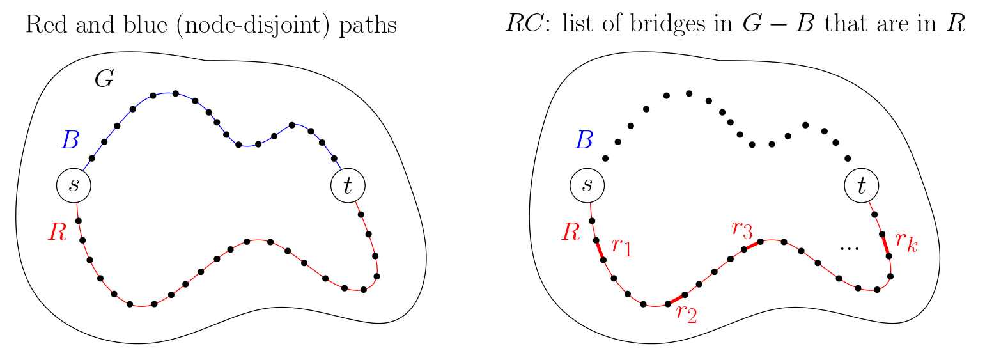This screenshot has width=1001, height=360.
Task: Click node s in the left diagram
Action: click(74, 185)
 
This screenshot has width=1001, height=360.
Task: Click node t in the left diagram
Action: click(348, 185)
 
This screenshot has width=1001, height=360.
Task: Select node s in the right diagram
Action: click(587, 185)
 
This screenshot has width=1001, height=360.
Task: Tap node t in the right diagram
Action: click(861, 185)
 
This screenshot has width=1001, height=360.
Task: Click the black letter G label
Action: click(104, 79)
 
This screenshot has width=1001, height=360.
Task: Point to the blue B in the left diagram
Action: click(70, 140)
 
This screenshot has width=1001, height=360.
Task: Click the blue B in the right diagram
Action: click(583, 140)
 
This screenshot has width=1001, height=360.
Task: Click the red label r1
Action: click(621, 247)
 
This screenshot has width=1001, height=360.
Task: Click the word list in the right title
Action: click(562, 26)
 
